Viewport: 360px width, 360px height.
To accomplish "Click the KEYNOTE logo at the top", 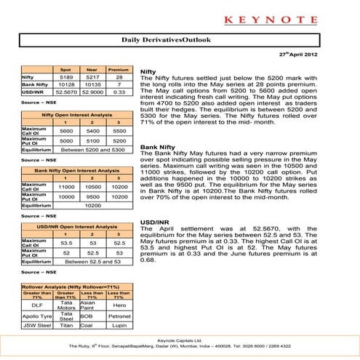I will click(x=180, y=14).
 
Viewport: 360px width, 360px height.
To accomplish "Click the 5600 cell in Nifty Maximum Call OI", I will click(x=65, y=131).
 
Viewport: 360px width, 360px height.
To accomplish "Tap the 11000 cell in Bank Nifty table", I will click(x=65, y=187).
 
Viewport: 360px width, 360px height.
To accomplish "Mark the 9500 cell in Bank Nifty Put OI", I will click(x=92, y=196).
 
